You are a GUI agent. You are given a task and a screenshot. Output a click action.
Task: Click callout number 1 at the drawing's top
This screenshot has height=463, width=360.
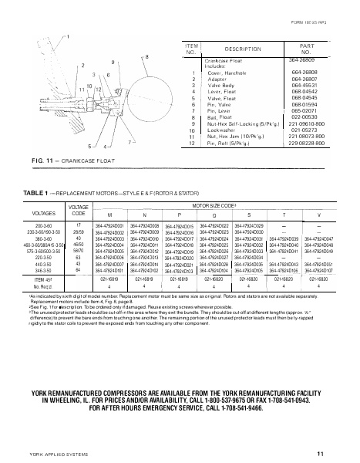pos(68,36)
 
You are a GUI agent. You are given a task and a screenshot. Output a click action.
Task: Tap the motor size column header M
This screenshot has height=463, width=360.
pos(109,215)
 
